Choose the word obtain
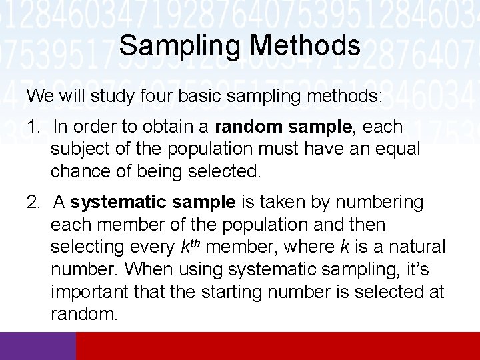tap(181, 126)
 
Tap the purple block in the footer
tap(38, 346)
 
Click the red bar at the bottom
tap(278, 346)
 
